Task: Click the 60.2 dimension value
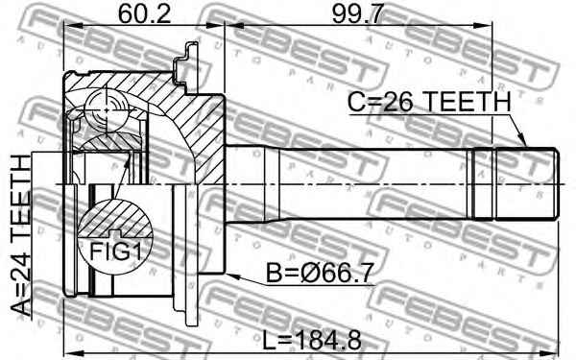coord(144,14)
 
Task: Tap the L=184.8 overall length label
coord(312,340)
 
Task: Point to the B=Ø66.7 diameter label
coord(320,273)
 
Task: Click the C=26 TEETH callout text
coord(429,102)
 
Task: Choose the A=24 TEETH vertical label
coord(20,235)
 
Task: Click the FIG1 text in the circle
coord(115,252)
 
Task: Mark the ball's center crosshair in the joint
coord(107,109)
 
